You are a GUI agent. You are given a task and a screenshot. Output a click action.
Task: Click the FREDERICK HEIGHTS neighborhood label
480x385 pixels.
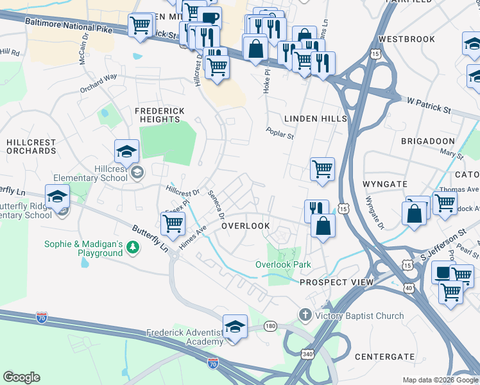[x=159, y=115]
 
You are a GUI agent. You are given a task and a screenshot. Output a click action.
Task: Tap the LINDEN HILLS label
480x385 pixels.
[x=315, y=119]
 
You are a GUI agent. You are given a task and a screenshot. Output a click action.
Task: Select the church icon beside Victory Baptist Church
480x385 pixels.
[x=305, y=315]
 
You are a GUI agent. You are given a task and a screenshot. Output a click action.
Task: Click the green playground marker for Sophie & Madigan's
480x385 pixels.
[x=133, y=247]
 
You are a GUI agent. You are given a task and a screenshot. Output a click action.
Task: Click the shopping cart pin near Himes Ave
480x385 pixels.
[x=173, y=225]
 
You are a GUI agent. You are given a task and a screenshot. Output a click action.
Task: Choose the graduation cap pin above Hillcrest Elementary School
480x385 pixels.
[x=126, y=152]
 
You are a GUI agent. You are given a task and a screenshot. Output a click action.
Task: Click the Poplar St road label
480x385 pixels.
[x=280, y=133]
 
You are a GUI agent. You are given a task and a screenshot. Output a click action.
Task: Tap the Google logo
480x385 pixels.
[x=21, y=377]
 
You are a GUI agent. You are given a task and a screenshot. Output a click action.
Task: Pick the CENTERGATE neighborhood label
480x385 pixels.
[x=384, y=356]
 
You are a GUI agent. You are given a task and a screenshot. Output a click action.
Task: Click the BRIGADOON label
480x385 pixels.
[x=427, y=141]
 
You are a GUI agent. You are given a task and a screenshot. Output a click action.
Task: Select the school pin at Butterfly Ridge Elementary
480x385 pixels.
[x=57, y=197]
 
